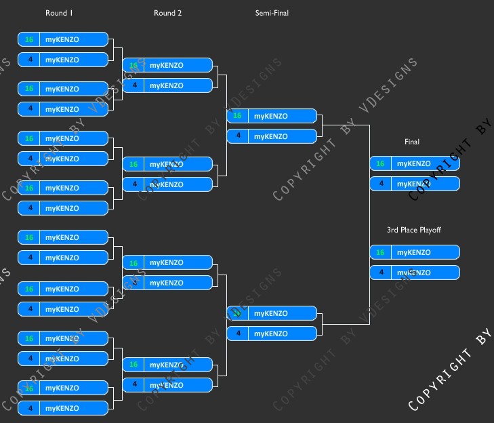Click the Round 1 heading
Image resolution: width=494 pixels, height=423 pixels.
[59, 13]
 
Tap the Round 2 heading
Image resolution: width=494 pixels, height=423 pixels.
[167, 13]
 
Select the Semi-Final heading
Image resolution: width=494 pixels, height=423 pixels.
[272, 13]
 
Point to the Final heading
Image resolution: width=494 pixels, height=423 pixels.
[412, 142]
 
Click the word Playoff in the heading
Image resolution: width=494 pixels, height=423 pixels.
[429, 230]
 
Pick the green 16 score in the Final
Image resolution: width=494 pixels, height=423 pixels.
[380, 163]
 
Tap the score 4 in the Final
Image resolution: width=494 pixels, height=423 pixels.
[380, 184]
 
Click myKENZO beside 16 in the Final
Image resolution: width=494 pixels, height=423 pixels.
[413, 163]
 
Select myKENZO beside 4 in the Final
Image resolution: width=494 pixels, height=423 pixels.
[413, 184]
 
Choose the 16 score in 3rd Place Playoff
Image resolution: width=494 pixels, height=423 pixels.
[380, 252]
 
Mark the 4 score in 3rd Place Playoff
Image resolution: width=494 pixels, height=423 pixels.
[380, 273]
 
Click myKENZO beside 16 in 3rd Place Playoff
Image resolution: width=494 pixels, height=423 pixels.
[413, 252]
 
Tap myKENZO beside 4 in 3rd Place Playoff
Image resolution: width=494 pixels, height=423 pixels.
[413, 273]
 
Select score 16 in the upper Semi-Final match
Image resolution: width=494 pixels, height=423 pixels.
[237, 116]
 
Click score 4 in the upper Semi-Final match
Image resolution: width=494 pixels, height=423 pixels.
[237, 136]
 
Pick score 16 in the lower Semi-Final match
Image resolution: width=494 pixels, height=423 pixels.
[237, 313]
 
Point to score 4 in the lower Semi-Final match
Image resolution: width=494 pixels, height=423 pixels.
[237, 334]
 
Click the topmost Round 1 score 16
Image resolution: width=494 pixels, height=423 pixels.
[29, 39]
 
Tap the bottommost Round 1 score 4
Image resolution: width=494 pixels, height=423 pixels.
[29, 408]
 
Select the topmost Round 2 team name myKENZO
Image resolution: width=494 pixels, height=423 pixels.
[166, 65]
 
